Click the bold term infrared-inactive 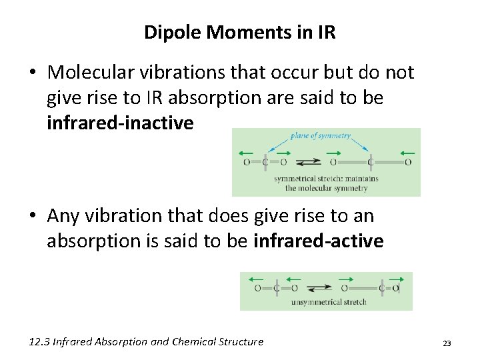tap(120, 123)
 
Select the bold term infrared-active tap(319, 241)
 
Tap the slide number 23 tap(447, 343)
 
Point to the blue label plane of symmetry tap(320, 136)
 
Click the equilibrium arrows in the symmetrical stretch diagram tap(307, 161)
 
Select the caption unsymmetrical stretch tap(329, 302)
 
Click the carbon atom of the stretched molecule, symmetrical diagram tap(371, 161)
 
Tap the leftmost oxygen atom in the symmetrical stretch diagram tap(247, 161)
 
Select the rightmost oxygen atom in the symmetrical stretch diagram tap(408, 161)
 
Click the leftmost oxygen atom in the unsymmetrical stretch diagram tap(257, 288)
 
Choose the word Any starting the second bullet tap(63, 216)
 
